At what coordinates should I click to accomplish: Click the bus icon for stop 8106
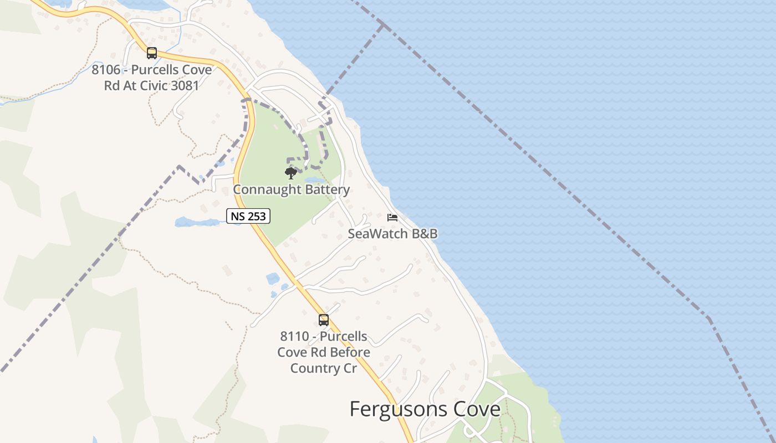pyautogui.click(x=151, y=53)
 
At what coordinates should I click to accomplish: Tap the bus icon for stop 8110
pyautogui.click(x=324, y=320)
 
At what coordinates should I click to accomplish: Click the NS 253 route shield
pyautogui.click(x=248, y=216)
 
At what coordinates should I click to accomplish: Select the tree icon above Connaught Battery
pyautogui.click(x=290, y=173)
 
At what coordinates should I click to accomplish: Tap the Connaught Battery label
pyautogui.click(x=291, y=190)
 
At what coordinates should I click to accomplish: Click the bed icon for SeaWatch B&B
pyautogui.click(x=392, y=217)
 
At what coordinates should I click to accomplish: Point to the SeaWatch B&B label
pyautogui.click(x=392, y=234)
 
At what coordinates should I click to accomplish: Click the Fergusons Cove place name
pyautogui.click(x=425, y=409)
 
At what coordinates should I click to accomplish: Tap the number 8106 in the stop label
pyautogui.click(x=106, y=70)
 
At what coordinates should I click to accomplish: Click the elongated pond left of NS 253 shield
pyautogui.click(x=197, y=223)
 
